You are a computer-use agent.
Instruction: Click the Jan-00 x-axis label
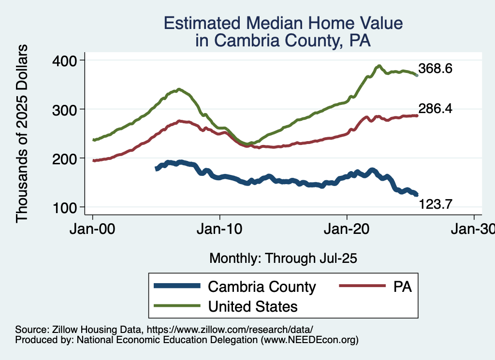point(93,230)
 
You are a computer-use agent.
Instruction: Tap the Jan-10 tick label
point(220,230)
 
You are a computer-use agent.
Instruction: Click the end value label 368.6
point(436,69)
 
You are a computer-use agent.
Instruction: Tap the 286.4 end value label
point(436,109)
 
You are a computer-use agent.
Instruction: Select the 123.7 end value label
point(436,204)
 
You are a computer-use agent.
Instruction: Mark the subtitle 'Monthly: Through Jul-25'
point(283,259)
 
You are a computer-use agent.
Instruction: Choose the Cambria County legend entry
point(262,287)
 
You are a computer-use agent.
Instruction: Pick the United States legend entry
point(252,306)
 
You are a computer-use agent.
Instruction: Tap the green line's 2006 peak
point(179,89)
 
